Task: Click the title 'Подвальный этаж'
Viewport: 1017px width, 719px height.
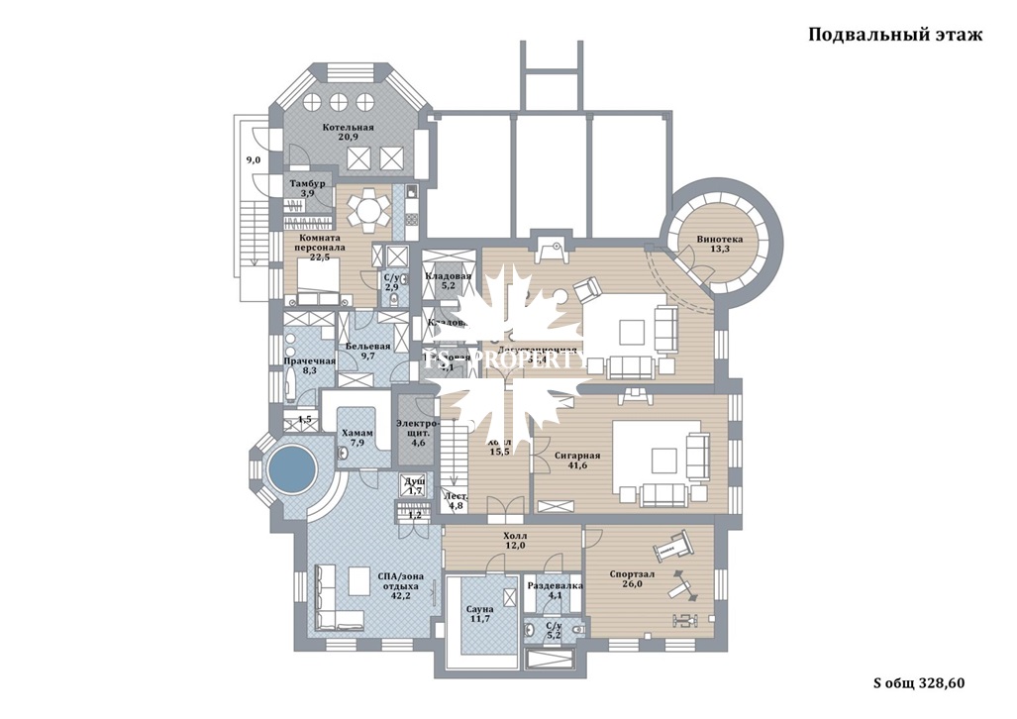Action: [x=894, y=36]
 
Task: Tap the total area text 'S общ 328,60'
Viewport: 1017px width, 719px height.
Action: [x=918, y=682]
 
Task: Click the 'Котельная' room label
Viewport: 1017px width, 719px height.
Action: [x=348, y=129]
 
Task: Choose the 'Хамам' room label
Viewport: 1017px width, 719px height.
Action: [x=356, y=434]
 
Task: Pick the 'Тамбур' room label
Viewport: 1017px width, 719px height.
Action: [x=307, y=184]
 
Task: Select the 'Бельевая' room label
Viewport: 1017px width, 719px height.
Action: [x=367, y=347]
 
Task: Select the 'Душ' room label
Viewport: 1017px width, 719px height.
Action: [x=415, y=481]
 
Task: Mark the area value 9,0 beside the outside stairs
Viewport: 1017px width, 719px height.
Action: [x=253, y=159]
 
